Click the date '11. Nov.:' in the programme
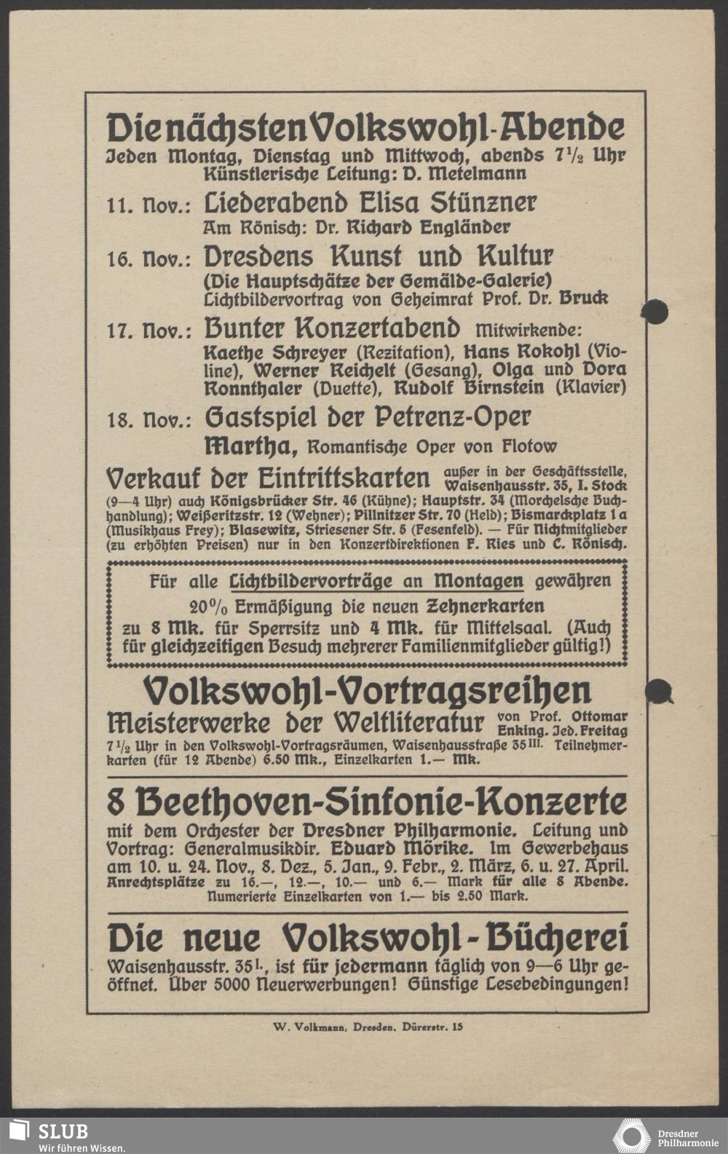[149, 205]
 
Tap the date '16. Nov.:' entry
[149, 259]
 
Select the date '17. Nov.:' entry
[149, 331]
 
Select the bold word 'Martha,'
[250, 445]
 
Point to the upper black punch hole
[654, 310]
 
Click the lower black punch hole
[659, 689]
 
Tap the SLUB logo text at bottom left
[63, 1131]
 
